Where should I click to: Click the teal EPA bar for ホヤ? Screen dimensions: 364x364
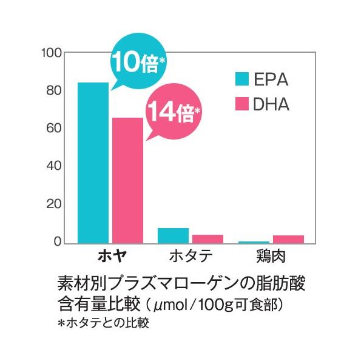[93, 163]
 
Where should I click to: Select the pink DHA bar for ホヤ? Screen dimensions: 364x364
[127, 180]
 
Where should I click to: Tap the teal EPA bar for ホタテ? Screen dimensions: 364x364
[173, 235]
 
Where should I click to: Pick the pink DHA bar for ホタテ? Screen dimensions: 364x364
[207, 238]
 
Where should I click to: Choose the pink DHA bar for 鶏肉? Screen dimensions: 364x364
[288, 238]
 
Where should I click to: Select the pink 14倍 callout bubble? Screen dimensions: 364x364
[172, 112]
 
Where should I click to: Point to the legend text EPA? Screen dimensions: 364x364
[270, 79]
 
